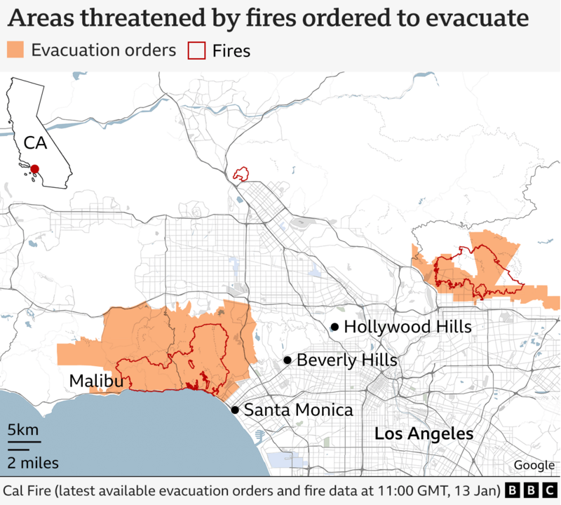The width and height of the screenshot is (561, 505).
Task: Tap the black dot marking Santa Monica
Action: (235, 410)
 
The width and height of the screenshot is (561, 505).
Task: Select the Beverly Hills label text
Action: (346, 361)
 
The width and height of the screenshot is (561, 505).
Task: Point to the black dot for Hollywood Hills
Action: (335, 327)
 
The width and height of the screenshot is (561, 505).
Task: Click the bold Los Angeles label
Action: (424, 434)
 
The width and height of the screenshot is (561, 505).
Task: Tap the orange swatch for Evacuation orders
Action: (15, 50)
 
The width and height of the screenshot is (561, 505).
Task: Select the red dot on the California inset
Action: (34, 168)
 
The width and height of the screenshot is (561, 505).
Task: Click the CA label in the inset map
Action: (35, 143)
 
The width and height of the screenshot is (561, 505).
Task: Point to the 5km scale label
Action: (23, 430)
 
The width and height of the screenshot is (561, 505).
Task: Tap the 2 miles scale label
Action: (33, 462)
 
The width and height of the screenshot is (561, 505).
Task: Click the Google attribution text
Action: (534, 465)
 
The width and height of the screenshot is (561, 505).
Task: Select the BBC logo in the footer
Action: (530, 489)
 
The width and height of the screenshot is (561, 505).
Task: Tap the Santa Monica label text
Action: (298, 410)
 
